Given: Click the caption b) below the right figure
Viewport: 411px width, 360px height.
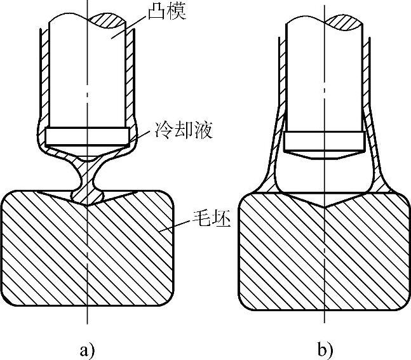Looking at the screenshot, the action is [325, 348].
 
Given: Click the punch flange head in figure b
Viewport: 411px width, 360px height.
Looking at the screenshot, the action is [324, 141].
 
